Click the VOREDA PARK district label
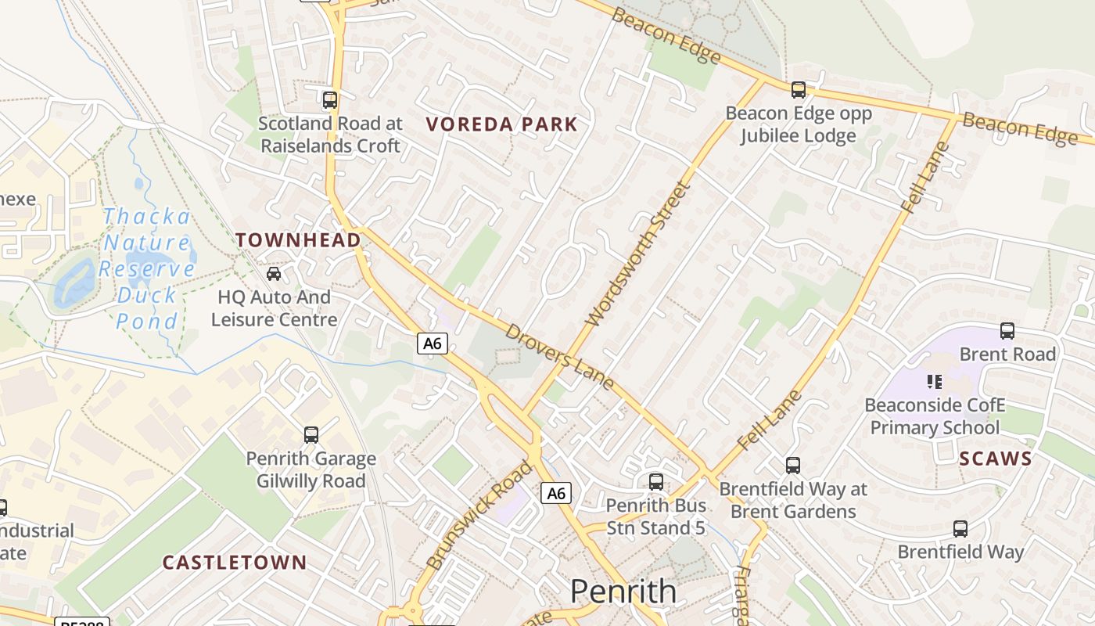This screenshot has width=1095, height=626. [501, 124]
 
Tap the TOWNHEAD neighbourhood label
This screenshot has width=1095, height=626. [299, 240]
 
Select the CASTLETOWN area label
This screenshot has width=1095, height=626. [235, 563]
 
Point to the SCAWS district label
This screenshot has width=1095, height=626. [996, 459]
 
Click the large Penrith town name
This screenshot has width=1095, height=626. [623, 591]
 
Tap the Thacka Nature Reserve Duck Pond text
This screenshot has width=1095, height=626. [147, 268]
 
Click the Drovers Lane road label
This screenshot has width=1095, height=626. [559, 356]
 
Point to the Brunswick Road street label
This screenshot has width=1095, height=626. [479, 514]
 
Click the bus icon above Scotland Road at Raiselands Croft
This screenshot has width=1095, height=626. [330, 100]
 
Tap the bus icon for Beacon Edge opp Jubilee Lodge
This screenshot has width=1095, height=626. [798, 90]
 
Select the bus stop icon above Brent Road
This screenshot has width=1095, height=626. [1007, 331]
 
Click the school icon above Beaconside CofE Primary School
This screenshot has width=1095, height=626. [934, 382]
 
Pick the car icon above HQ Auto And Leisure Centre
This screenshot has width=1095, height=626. [274, 274]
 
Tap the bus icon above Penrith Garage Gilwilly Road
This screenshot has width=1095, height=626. [311, 435]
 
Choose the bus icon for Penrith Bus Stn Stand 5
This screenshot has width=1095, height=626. [655, 482]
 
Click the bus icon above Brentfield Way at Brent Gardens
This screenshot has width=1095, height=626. [793, 466]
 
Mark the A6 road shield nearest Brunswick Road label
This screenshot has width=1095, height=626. [556, 493]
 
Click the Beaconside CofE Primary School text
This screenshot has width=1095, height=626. [935, 416]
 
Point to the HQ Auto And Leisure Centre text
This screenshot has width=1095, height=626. [274, 308]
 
